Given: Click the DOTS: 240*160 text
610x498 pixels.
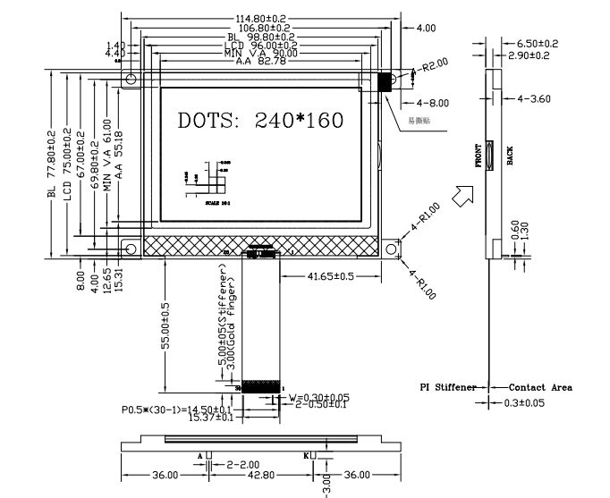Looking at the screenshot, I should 260,120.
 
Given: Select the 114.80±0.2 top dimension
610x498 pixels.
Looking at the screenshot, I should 260,18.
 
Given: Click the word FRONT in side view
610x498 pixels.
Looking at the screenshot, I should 478,156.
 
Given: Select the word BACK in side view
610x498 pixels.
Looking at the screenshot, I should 510,157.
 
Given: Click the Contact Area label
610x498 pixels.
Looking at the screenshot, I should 540,388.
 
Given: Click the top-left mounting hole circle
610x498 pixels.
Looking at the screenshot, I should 131,80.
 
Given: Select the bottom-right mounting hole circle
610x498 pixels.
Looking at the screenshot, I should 391,247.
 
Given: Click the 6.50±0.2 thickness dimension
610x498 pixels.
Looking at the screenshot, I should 538,43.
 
